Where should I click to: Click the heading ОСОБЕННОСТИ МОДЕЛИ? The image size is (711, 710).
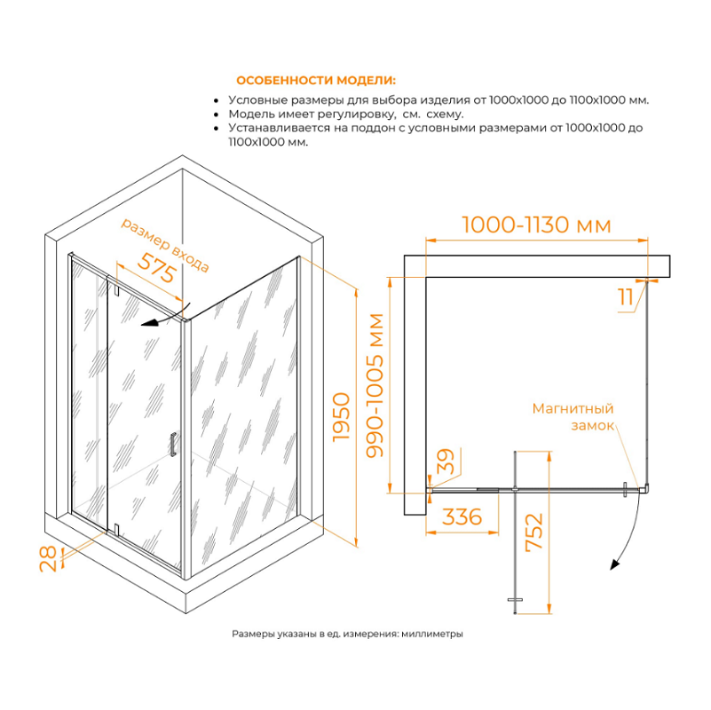pyautogui.click(x=316, y=81)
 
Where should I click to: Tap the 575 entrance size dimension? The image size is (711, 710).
pyautogui.click(x=157, y=267)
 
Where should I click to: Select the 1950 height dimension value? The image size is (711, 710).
pyautogui.click(x=341, y=417)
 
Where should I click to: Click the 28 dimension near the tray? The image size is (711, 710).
pyautogui.click(x=48, y=558)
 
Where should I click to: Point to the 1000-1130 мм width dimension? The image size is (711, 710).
pyautogui.click(x=536, y=225)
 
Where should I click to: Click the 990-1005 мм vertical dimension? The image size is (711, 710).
pyautogui.click(x=375, y=385)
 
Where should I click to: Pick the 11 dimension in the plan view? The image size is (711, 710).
pyautogui.click(x=626, y=297)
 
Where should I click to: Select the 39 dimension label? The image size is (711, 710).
pyautogui.click(x=445, y=461)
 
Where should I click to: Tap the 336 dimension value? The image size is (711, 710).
pyautogui.click(x=462, y=517)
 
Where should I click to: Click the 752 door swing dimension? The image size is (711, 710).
pyautogui.click(x=533, y=532)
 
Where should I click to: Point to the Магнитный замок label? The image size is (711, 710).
pyautogui.click(x=573, y=416)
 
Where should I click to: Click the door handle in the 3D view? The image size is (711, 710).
pyautogui.click(x=173, y=445)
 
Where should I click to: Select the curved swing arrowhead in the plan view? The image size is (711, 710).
pyautogui.click(x=615, y=564)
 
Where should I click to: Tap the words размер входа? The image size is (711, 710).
pyautogui.click(x=165, y=246)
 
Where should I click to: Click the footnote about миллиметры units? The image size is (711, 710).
pyautogui.click(x=347, y=634)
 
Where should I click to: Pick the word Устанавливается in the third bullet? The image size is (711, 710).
pyautogui.click(x=280, y=128)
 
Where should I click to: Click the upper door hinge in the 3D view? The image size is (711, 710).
pyautogui.click(x=116, y=289)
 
